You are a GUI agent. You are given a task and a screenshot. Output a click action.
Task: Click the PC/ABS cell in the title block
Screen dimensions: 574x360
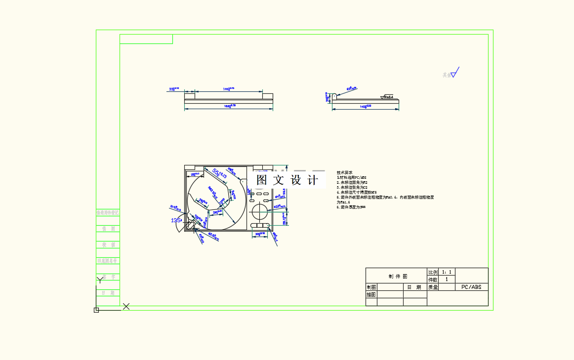(471, 287)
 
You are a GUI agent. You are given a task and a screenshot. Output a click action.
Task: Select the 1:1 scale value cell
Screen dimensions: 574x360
(447, 272)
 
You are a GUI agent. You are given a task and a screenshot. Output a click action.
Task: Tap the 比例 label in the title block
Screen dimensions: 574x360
(433, 272)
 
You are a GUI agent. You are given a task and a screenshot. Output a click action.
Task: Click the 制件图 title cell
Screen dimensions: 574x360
(396, 276)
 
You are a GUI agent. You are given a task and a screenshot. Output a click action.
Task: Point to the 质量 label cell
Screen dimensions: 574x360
(433, 287)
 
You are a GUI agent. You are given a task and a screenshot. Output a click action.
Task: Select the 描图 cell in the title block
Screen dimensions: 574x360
(371, 294)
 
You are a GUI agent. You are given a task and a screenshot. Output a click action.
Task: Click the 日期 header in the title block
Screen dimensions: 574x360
(415, 287)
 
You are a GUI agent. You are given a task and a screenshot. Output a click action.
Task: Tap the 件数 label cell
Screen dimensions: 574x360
(433, 280)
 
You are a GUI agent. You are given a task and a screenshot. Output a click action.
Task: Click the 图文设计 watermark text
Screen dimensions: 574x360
(287, 180)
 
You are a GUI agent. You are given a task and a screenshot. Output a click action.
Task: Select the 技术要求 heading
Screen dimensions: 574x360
(345, 172)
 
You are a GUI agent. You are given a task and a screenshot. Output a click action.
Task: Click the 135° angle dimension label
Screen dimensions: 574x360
(176, 220)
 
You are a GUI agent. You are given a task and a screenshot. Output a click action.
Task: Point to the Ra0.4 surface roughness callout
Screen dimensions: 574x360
(388, 97)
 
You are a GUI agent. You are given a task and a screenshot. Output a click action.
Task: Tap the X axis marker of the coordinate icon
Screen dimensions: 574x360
(126, 306)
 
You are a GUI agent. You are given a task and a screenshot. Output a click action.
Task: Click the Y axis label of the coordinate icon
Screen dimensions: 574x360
(100, 280)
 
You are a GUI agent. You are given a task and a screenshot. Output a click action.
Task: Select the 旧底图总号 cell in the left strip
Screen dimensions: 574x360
(108, 260)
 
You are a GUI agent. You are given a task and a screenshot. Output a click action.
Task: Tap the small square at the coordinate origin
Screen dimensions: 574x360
(96, 310)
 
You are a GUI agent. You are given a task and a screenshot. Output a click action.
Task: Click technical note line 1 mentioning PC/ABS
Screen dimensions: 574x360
(351, 177)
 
